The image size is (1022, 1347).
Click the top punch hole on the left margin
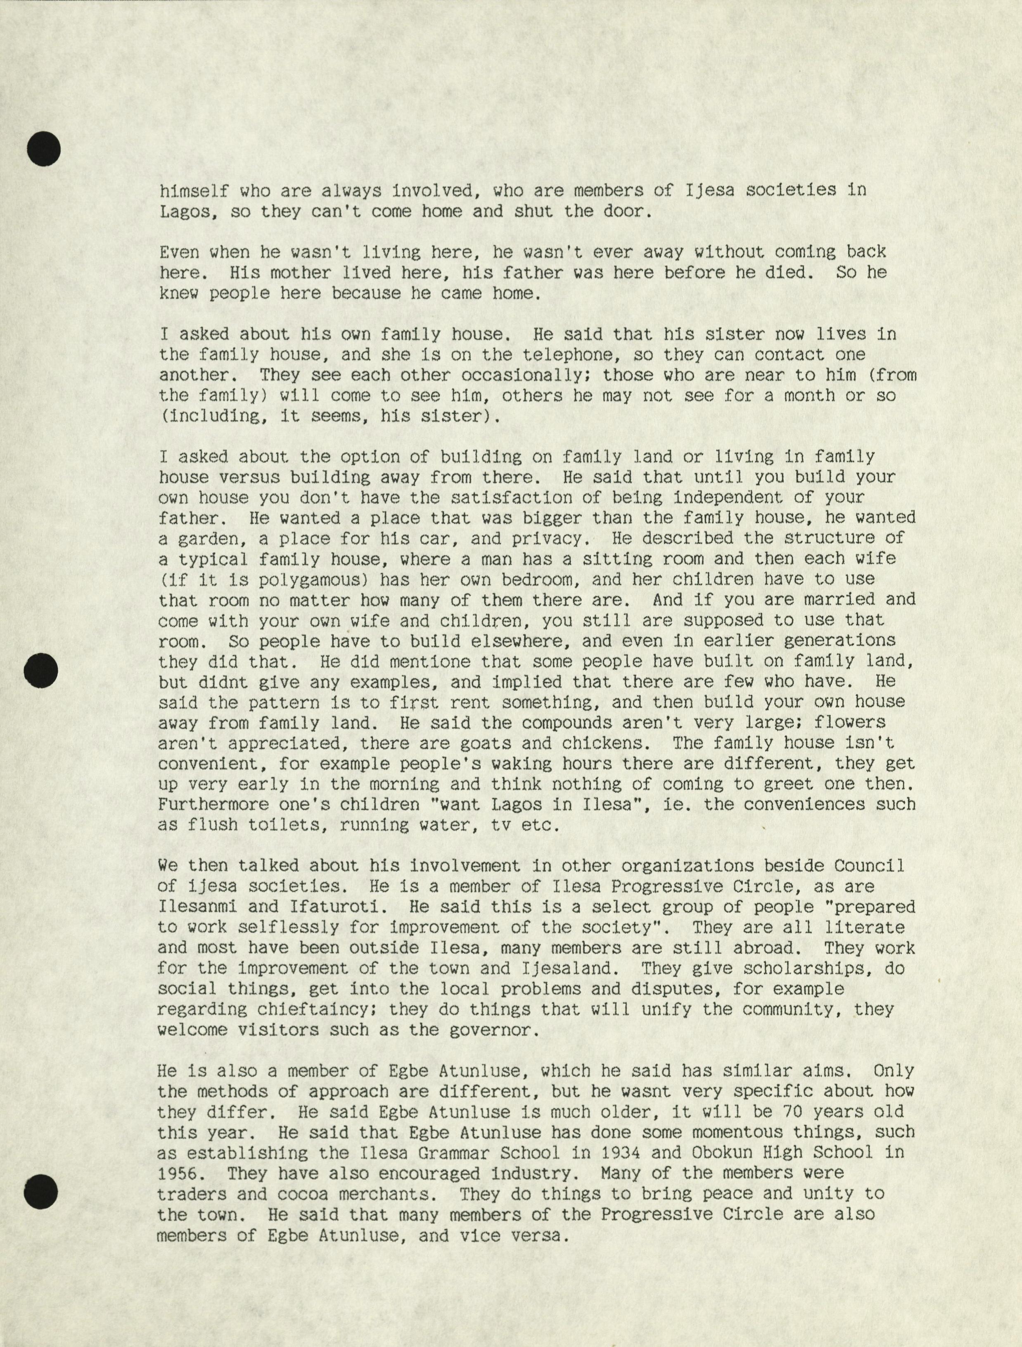[44, 148]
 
